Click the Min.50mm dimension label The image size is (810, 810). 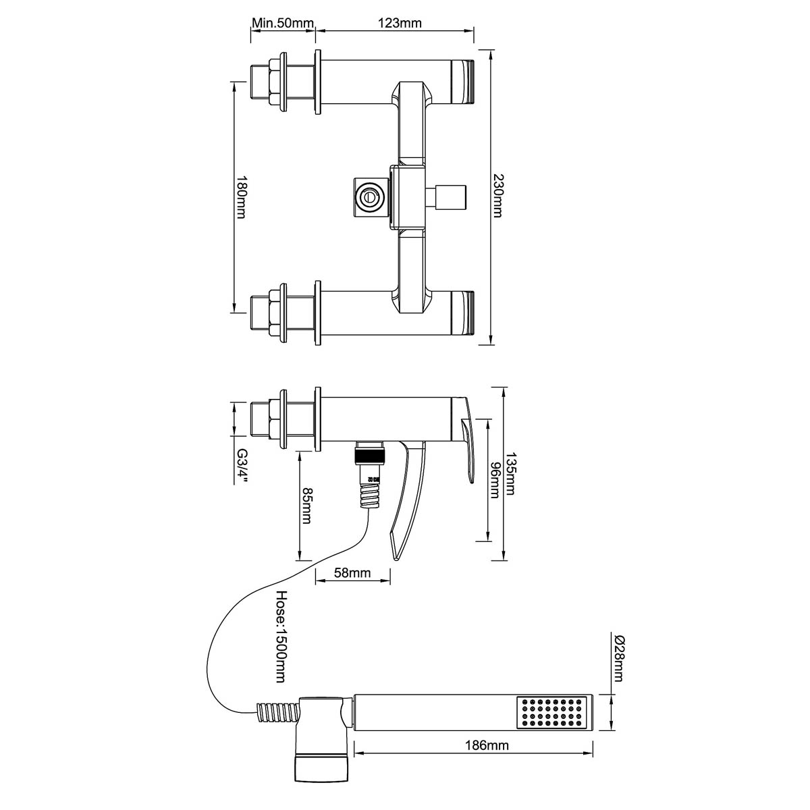[282, 24]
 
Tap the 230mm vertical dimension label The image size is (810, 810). [497, 196]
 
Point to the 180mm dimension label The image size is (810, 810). [241, 196]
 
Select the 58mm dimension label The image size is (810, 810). [352, 573]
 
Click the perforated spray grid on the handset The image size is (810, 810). [551, 713]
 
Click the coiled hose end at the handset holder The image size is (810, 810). [276, 713]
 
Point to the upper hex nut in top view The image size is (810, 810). [276, 83]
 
